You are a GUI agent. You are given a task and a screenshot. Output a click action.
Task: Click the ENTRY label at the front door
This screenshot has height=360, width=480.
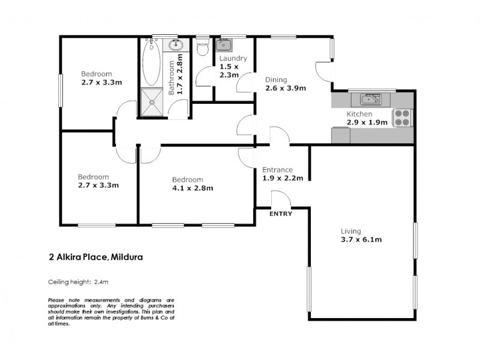pyautogui.click(x=281, y=214)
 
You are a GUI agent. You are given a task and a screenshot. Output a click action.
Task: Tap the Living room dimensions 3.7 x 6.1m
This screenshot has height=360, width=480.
pyautogui.click(x=361, y=239)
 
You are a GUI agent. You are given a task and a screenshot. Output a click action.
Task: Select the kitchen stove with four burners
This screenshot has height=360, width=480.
pyautogui.click(x=401, y=118)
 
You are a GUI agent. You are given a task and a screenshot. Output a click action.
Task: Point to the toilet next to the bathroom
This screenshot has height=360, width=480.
pyautogui.click(x=203, y=46)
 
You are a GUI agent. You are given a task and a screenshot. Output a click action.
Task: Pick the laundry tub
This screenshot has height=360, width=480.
pyautogui.click(x=224, y=45)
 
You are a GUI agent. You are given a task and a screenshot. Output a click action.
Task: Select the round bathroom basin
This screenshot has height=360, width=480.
pyautogui.click(x=178, y=46)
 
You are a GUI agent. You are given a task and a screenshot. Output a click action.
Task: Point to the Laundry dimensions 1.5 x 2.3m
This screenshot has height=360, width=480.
pyautogui.click(x=229, y=71)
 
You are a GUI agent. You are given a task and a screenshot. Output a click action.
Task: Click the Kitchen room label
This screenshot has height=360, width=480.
pyautogui.click(x=359, y=114)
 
